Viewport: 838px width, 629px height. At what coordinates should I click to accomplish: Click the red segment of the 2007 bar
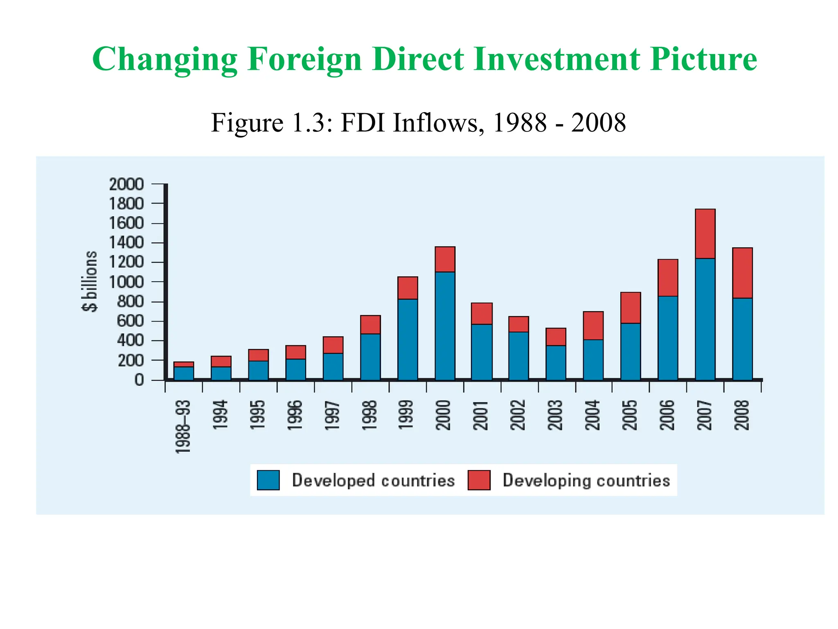(705, 234)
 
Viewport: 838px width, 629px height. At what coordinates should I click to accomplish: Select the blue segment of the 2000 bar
(445, 326)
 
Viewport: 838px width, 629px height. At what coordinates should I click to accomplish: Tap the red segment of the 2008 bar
(742, 273)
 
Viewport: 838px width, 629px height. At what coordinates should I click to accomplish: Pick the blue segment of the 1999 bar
(408, 339)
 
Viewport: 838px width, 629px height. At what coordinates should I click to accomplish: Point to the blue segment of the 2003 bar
(556, 363)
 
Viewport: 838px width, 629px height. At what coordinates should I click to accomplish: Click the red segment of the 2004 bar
(593, 326)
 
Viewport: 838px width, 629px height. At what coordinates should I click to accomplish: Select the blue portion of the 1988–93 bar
(184, 373)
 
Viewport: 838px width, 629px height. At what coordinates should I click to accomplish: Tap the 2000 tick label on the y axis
(126, 184)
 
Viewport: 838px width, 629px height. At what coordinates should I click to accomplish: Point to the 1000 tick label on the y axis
(126, 282)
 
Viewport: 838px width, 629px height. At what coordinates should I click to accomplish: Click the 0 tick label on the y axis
(139, 380)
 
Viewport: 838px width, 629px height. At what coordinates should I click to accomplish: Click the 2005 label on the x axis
(630, 415)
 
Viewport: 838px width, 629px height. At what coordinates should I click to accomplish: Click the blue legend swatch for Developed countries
(268, 480)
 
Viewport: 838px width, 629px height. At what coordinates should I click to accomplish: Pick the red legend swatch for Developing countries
(479, 480)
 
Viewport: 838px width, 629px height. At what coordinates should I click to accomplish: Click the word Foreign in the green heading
(304, 59)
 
